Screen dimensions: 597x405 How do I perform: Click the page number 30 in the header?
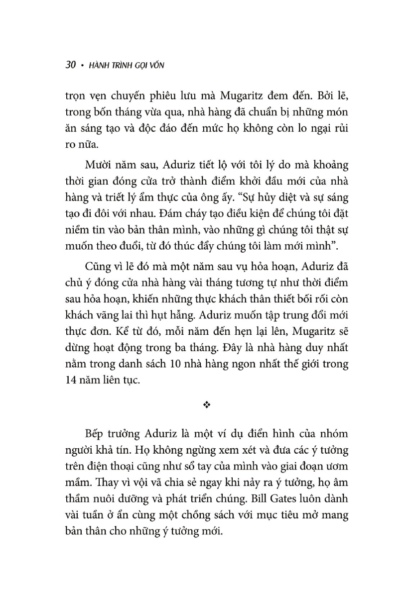70,65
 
